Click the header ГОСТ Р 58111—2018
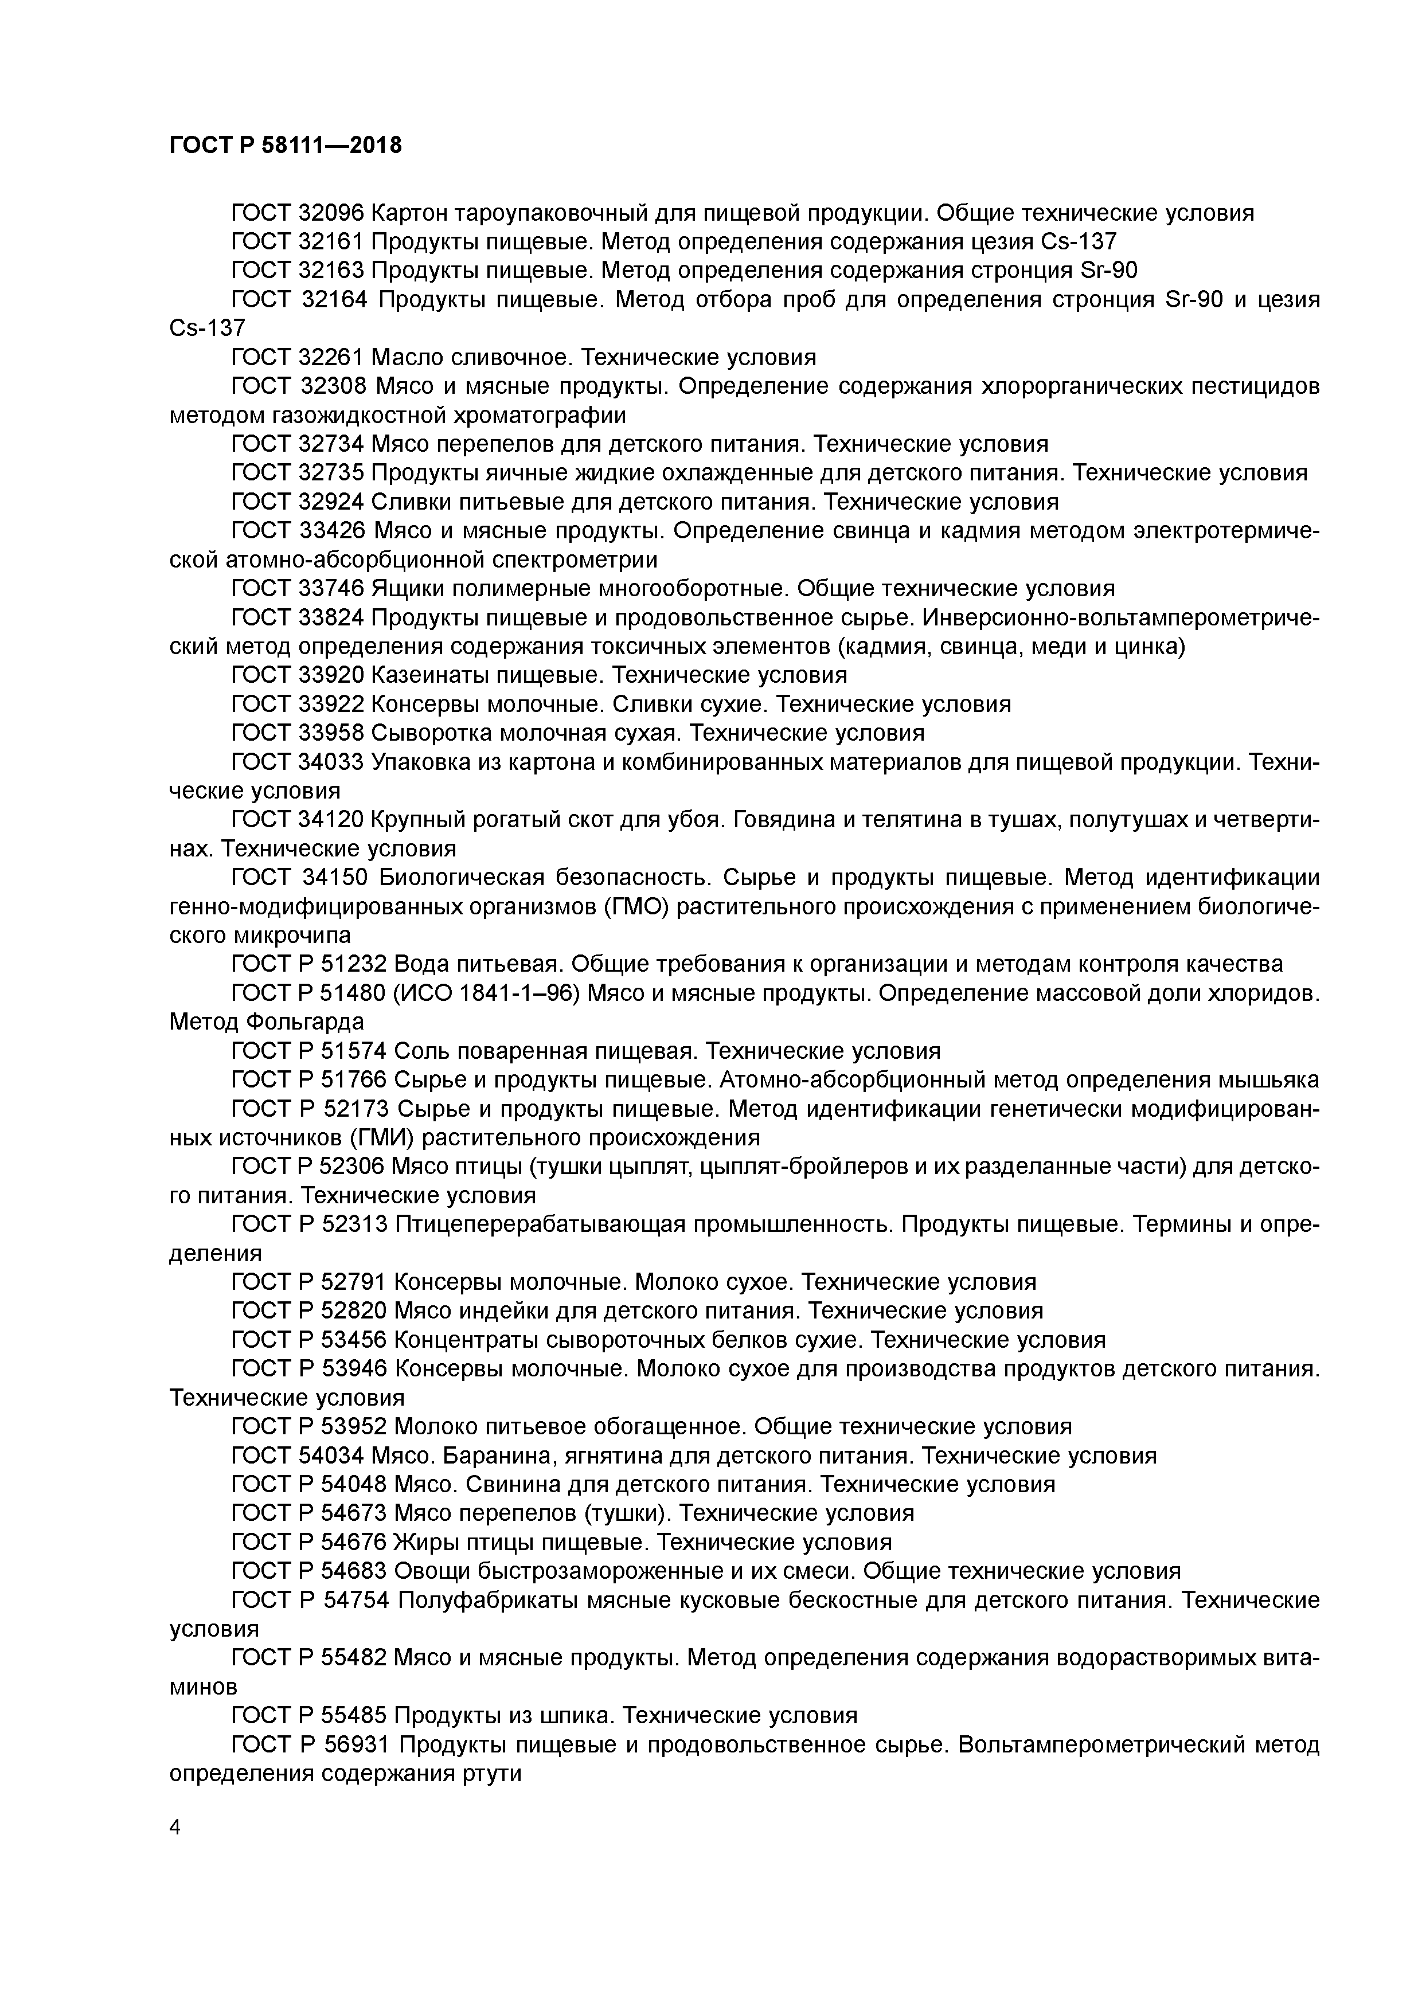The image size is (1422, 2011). coord(286,146)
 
